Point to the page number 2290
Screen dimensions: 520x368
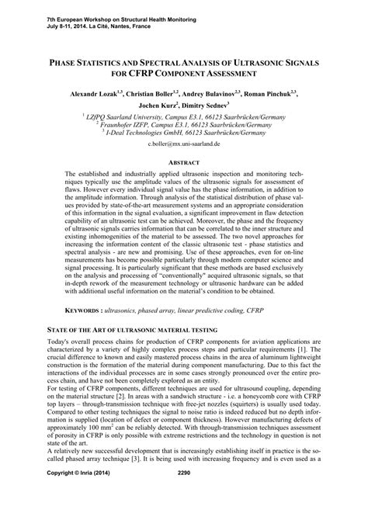(184, 494)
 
